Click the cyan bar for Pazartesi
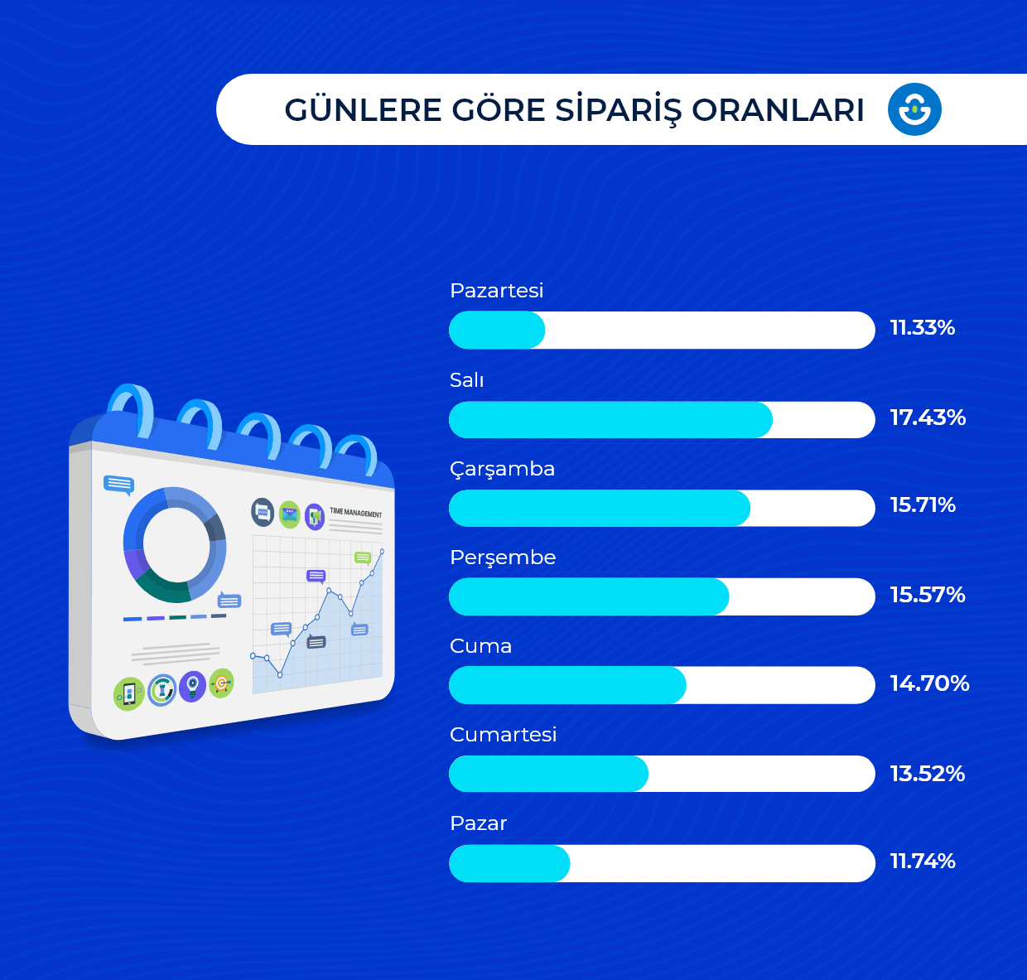[x=497, y=331]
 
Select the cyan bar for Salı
[x=610, y=420]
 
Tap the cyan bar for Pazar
[x=509, y=864]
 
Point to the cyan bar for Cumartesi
[x=548, y=774]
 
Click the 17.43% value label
[x=928, y=418]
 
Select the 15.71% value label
[x=923, y=505]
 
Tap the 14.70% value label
[x=929, y=683]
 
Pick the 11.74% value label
[x=923, y=862]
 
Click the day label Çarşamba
[x=502, y=470]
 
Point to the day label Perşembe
[x=503, y=558]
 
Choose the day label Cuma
[x=480, y=646]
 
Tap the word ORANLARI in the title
[x=778, y=110]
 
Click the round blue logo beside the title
[x=914, y=109]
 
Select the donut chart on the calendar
[x=175, y=544]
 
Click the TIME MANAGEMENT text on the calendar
[x=356, y=513]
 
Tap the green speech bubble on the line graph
[x=363, y=558]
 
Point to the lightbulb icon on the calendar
[x=192, y=687]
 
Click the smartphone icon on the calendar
[x=129, y=693]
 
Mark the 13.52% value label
[x=927, y=774]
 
